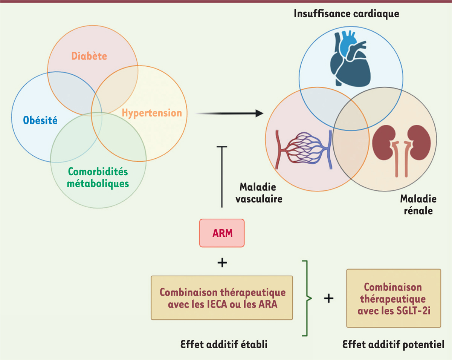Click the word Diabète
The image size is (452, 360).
pyautogui.click(x=89, y=56)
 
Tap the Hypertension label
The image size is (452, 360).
pyautogui.click(x=152, y=113)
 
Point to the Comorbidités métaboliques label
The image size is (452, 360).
pyautogui.click(x=98, y=178)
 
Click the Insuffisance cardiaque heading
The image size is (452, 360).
pyautogui.click(x=347, y=14)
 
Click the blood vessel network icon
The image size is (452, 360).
pyautogui.click(x=304, y=149)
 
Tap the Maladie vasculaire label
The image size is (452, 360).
pyautogui.click(x=259, y=193)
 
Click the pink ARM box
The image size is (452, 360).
pyautogui.click(x=222, y=233)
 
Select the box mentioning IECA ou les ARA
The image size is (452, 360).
pyautogui.click(x=222, y=298)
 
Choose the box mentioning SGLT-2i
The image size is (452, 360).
pyautogui.click(x=393, y=299)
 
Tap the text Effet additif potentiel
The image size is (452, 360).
pyautogui.click(x=394, y=344)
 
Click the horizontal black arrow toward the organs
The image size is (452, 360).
pyautogui.click(x=230, y=113)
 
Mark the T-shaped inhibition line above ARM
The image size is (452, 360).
pyautogui.click(x=222, y=177)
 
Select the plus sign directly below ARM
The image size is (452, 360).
pyautogui.click(x=222, y=263)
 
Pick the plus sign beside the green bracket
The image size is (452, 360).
pyautogui.click(x=328, y=298)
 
